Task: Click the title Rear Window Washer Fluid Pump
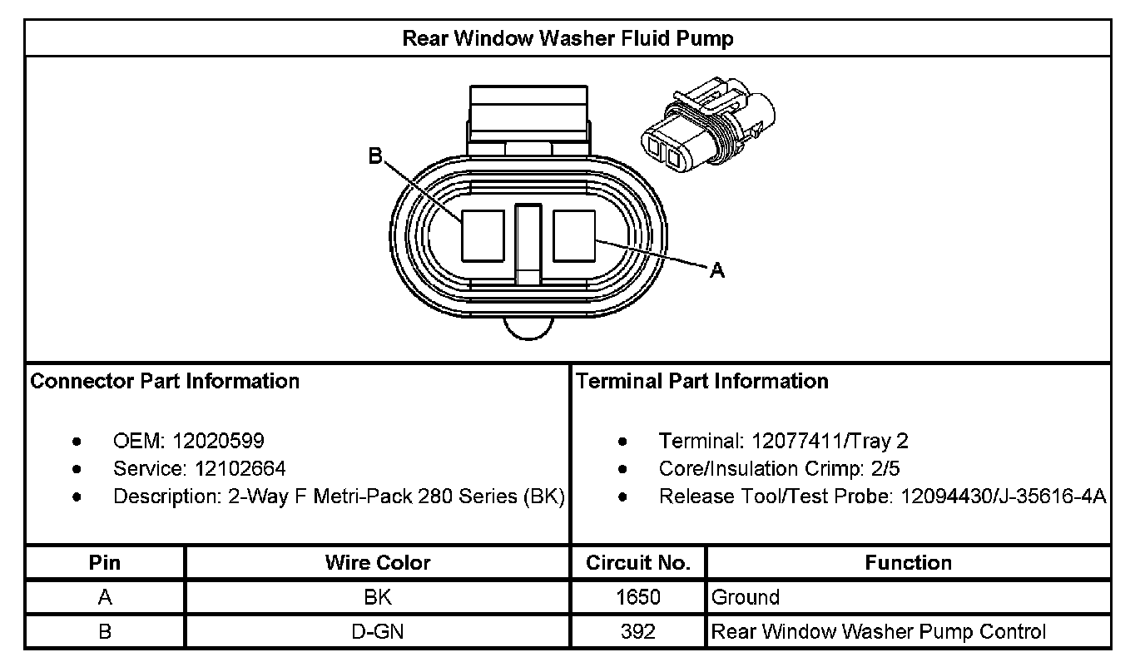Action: click(x=568, y=38)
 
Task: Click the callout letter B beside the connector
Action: click(x=375, y=156)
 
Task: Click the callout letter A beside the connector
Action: click(x=716, y=270)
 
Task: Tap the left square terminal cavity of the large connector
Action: click(x=483, y=237)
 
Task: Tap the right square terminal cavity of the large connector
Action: click(x=574, y=237)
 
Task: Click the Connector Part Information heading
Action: click(x=165, y=381)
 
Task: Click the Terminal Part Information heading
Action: click(x=702, y=381)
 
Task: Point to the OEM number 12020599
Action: click(x=218, y=441)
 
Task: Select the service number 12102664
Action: click(x=230, y=468)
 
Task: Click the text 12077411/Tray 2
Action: click(x=830, y=441)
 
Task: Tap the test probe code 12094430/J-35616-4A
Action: click(x=1003, y=496)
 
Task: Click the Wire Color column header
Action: click(x=378, y=563)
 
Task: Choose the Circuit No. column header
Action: click(x=638, y=563)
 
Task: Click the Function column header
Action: click(x=908, y=563)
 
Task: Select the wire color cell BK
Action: click(x=378, y=597)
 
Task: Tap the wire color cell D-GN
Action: click(x=378, y=631)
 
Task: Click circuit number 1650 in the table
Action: click(x=638, y=597)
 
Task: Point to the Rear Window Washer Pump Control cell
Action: click(x=878, y=631)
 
